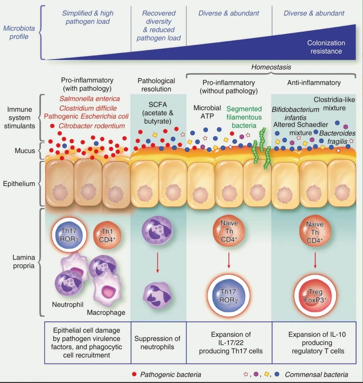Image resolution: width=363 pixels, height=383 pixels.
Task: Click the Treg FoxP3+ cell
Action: coord(315,296)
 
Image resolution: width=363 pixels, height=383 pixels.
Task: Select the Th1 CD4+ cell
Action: coord(107,236)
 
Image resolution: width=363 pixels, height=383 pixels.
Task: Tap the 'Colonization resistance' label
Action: coord(326,47)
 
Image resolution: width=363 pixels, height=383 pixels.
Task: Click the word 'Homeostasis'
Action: coord(271,67)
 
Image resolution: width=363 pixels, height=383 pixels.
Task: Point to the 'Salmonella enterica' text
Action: coord(90,99)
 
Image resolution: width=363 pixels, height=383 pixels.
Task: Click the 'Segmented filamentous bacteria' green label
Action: coord(244,117)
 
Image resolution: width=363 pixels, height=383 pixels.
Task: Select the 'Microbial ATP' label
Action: coord(207,112)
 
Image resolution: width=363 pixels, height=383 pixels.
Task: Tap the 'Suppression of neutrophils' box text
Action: coord(157,343)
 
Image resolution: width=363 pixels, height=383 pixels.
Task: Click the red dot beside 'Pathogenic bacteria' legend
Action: coord(134,374)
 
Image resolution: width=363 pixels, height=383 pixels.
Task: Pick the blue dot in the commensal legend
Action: coord(277,374)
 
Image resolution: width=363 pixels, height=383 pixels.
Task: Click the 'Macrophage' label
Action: coord(106,312)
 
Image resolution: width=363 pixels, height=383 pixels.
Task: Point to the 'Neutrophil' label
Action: coord(68,304)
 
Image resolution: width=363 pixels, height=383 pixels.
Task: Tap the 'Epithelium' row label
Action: coord(19,184)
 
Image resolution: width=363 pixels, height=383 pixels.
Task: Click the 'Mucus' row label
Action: coord(25,151)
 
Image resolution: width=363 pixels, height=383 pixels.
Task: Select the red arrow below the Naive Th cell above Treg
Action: coord(315,261)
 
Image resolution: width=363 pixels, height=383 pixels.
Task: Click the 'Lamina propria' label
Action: coord(24,261)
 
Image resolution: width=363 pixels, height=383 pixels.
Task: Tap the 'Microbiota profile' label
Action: coord(19,32)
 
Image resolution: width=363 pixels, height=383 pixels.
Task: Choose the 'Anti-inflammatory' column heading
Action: coord(314,82)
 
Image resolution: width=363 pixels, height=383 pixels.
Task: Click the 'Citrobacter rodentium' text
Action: coord(92,126)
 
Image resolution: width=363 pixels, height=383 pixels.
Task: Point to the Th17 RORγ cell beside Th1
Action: coord(69,235)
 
